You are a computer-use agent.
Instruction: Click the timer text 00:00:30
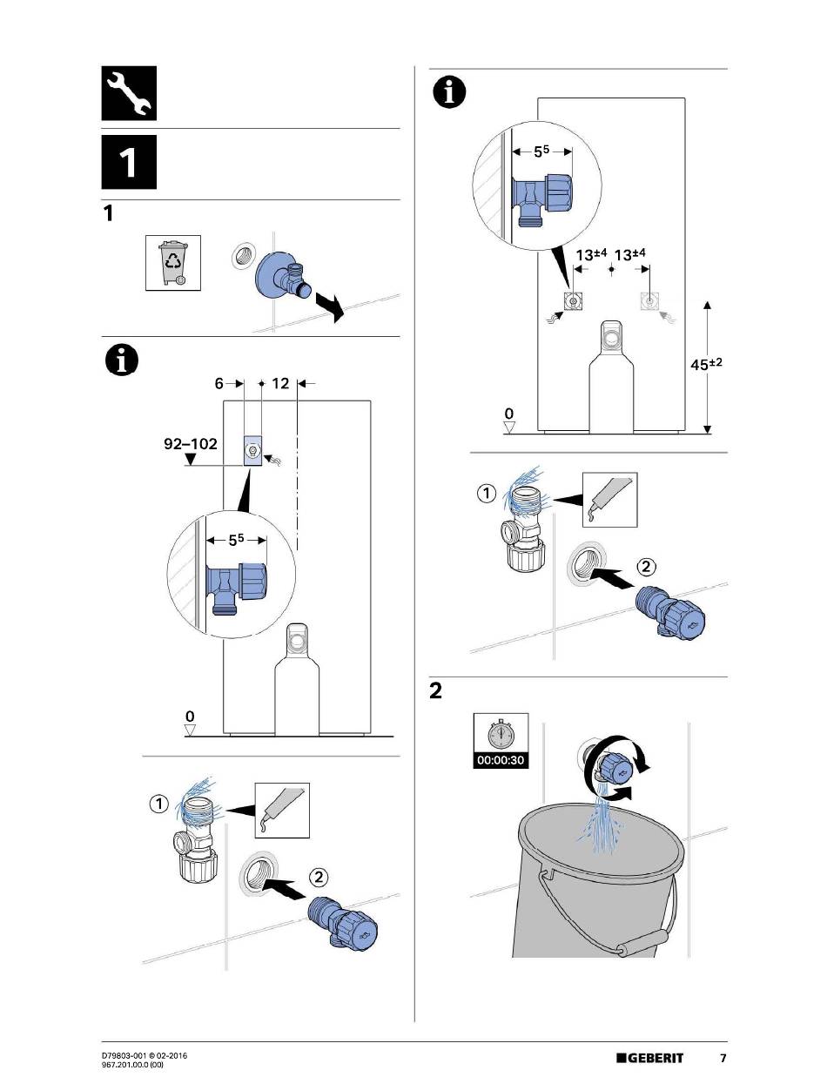coord(501,759)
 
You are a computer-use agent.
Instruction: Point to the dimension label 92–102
coord(191,443)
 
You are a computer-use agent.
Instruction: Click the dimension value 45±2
coord(708,366)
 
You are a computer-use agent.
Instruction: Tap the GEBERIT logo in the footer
coord(650,1058)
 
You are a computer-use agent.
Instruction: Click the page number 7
coord(723,1058)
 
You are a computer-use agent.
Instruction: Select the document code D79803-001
coord(126,1055)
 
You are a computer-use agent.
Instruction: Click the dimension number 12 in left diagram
coord(279,383)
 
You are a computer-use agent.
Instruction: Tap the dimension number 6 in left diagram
coord(220,383)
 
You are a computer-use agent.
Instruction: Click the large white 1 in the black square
coord(129,163)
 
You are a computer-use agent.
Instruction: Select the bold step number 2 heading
coord(435,692)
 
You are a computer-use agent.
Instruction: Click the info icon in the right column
coord(450,91)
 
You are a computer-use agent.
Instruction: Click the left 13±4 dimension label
coord(591,254)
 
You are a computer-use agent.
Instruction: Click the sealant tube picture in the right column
coord(609,498)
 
